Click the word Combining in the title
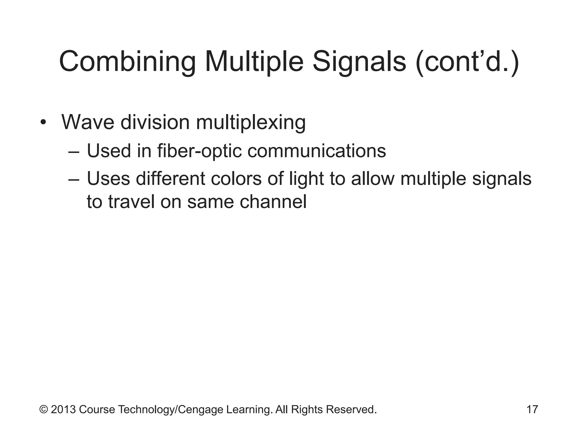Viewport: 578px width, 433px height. tap(127, 62)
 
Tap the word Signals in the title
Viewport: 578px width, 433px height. tap(359, 62)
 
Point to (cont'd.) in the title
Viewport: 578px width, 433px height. tap(467, 62)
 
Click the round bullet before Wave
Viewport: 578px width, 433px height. tap(43, 123)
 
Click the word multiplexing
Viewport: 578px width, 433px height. tap(251, 123)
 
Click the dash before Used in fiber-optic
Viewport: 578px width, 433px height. tap(74, 152)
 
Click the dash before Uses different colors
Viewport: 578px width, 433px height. tap(74, 179)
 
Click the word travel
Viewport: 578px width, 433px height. tap(131, 202)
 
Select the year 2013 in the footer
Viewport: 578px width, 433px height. tap(63, 409)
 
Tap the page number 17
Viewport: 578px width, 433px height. tap(532, 409)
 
